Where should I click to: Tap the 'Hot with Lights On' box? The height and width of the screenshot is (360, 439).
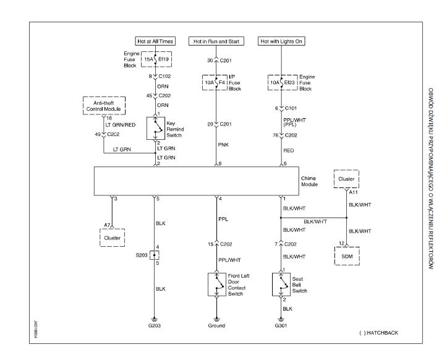tap(282, 41)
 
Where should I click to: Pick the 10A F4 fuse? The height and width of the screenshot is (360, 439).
tap(217, 80)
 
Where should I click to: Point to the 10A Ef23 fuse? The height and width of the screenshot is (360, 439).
tap(281, 80)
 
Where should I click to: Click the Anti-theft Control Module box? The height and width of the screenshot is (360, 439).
tap(104, 106)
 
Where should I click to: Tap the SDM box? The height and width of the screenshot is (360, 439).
tap(346, 255)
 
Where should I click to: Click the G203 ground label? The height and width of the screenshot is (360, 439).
tap(154, 325)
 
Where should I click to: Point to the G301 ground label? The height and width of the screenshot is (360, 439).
tap(281, 325)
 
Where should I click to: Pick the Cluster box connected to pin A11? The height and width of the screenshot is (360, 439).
tap(346, 179)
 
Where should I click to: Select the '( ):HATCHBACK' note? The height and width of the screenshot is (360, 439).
tap(378, 333)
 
